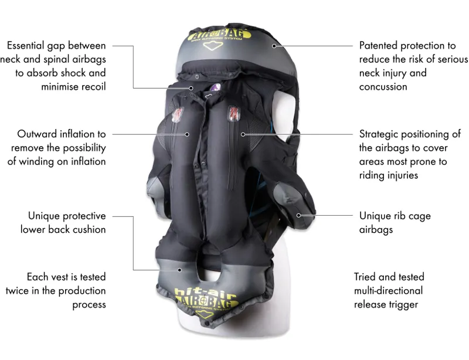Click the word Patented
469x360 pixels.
[x=379, y=45]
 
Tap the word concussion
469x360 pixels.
[x=383, y=87]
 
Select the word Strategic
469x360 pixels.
[x=380, y=134]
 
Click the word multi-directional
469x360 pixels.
[x=388, y=290]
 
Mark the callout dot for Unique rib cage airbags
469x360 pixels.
[x=298, y=216]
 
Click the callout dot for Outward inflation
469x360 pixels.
[x=188, y=134]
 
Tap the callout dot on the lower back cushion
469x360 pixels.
[x=180, y=269]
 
